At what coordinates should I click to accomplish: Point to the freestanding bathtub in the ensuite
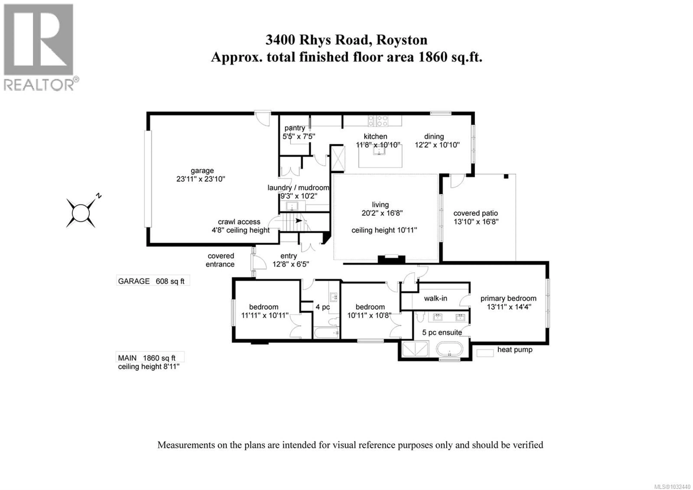coord(449,350)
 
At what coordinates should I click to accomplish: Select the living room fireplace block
coord(391,259)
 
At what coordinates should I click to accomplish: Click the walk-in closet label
coord(435,298)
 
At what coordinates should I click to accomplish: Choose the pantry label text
coord(295,128)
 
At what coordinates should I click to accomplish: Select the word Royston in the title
coord(402,40)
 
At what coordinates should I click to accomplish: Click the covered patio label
coord(475,213)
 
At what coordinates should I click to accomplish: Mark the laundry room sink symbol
coord(292,206)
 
